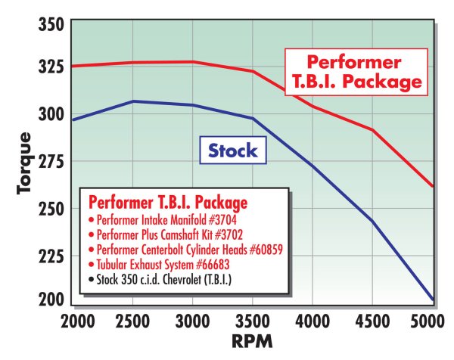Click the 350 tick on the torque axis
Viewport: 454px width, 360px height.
(x=51, y=26)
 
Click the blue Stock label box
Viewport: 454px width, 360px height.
(x=232, y=150)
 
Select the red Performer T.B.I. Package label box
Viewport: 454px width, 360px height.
(x=355, y=72)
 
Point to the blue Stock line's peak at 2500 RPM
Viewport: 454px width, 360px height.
(x=132, y=101)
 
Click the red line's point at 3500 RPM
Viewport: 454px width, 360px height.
(x=253, y=71)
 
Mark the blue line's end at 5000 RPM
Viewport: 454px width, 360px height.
(x=433, y=300)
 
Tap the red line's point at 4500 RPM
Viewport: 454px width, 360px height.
(x=372, y=130)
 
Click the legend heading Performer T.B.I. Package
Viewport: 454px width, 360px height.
(x=167, y=203)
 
